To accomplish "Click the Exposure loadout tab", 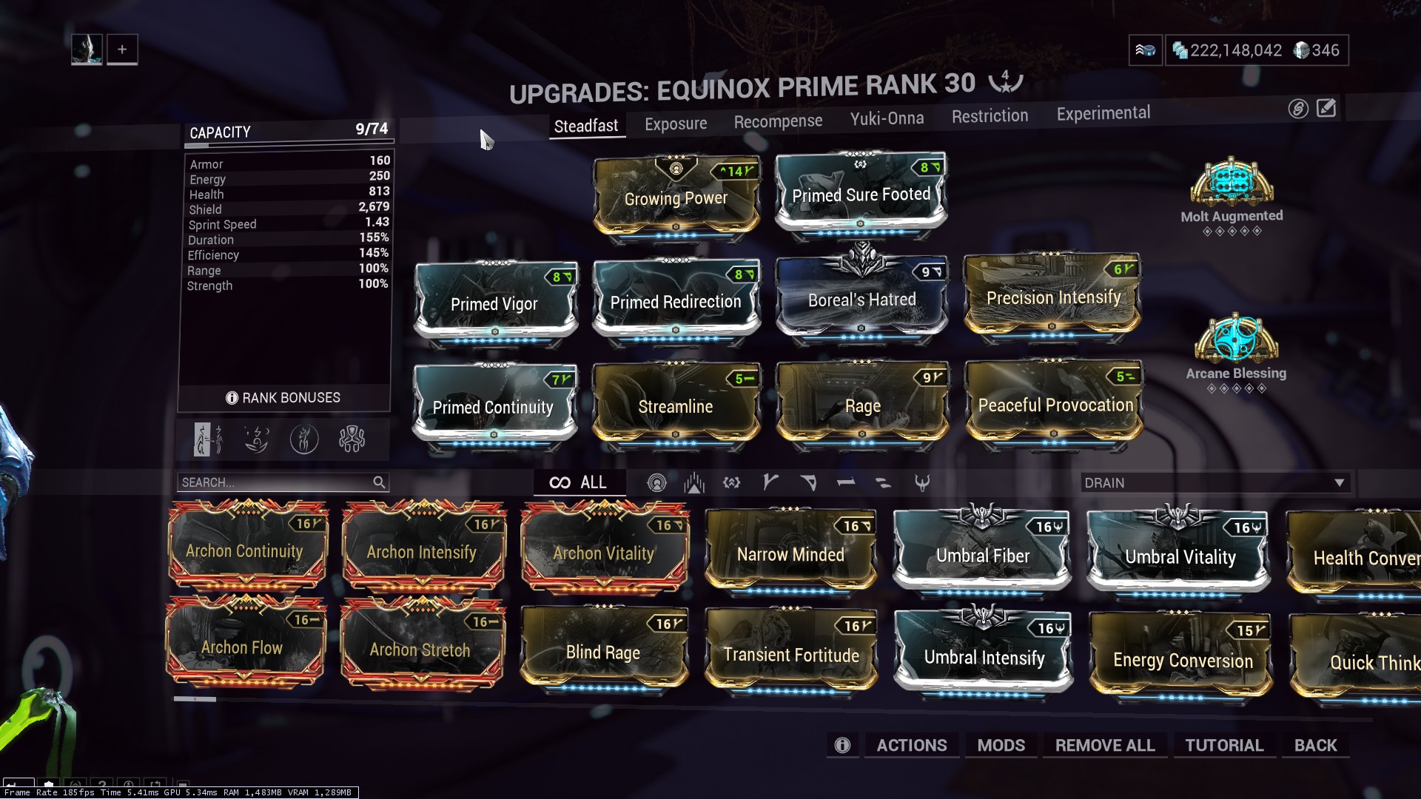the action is coord(676,124).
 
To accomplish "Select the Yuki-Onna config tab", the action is coord(887,118).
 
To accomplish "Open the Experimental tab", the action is coord(1103,113).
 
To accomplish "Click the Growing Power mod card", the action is coord(676,196).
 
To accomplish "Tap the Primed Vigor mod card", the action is coord(495,303).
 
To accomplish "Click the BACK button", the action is coord(1315,745).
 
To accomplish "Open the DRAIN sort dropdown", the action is coord(1214,483).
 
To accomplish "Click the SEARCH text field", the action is coord(283,482).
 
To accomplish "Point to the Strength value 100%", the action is coord(373,284).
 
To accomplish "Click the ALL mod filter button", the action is coord(579,482).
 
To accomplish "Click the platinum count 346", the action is coord(1326,50).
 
